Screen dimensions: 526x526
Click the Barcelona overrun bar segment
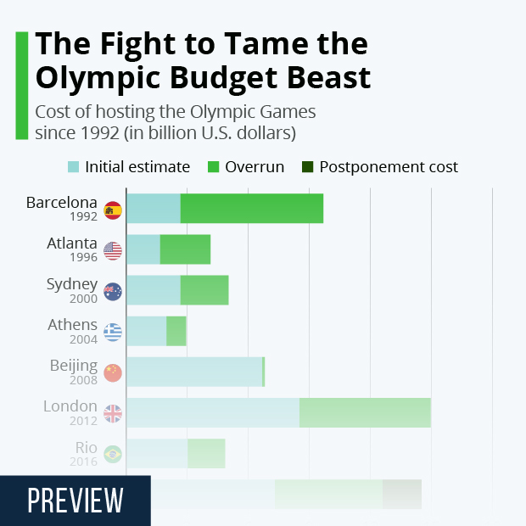point(252,209)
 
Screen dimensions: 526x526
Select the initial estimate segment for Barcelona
point(153,209)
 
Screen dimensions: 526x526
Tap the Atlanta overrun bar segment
point(185,249)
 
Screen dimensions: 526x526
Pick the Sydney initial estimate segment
point(153,290)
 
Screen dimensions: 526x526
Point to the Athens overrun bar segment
point(176,331)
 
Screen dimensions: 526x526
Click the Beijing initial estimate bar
point(193,372)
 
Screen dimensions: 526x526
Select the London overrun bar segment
point(365,412)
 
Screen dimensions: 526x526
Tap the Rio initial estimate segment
point(156,453)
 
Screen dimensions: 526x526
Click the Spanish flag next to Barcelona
point(112,210)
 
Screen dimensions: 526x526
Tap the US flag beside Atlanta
point(112,250)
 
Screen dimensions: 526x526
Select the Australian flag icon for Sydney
point(112,291)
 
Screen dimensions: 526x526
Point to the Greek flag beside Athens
point(112,332)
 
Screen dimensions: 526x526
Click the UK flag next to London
point(112,413)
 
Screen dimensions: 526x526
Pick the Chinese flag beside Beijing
point(112,372)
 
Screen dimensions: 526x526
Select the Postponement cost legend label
point(388,167)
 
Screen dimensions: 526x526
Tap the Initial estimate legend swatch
point(73,167)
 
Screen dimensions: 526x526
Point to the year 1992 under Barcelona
point(84,216)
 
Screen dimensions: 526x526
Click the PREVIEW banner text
point(76,501)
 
